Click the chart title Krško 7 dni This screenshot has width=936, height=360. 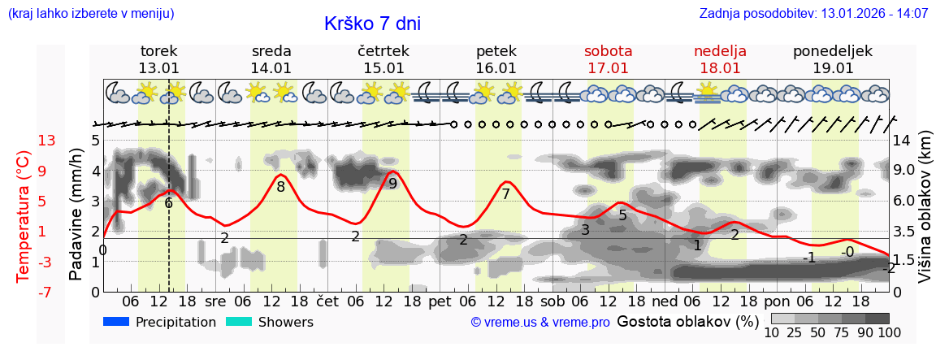pos(372,24)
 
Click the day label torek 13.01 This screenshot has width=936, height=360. pos(158,59)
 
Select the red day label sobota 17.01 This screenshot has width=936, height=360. pos(608,59)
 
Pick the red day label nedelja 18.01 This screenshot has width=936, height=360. pos(720,59)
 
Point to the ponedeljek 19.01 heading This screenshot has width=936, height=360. pos(833,59)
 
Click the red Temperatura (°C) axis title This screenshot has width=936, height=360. pos(23,217)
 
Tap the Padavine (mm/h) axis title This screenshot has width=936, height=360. pos(76,214)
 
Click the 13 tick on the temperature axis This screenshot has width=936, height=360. pos(46,141)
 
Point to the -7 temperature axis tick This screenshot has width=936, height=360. pos(45,291)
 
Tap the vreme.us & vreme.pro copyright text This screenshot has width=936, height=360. pos(539,322)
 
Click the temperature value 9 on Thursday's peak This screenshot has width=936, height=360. pos(392,184)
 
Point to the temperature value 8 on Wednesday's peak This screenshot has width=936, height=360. pos(280,186)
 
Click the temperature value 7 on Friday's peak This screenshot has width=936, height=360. pos(505,194)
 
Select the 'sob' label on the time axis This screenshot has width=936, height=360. pos(552,301)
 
